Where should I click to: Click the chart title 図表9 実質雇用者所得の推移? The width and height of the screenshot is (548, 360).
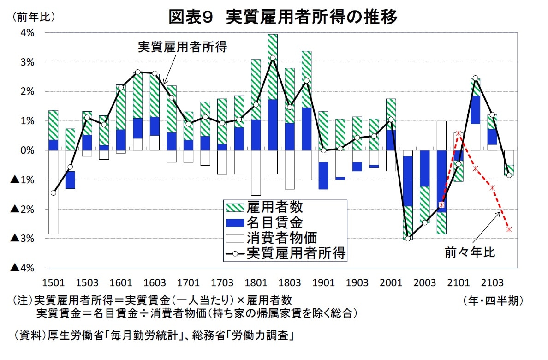click(x=282, y=17)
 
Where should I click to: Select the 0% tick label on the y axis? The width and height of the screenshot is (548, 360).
click(x=27, y=150)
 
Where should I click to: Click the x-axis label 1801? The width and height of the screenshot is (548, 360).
click(x=256, y=282)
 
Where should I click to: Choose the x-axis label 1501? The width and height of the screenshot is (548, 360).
click(x=54, y=282)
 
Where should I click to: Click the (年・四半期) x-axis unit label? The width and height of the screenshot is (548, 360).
click(x=493, y=301)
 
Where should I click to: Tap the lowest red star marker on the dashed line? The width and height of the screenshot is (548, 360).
click(x=509, y=229)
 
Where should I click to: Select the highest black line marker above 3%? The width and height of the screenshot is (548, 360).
click(x=273, y=58)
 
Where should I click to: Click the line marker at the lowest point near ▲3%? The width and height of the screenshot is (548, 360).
click(x=408, y=239)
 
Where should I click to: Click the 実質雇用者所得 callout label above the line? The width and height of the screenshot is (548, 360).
click(x=183, y=47)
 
